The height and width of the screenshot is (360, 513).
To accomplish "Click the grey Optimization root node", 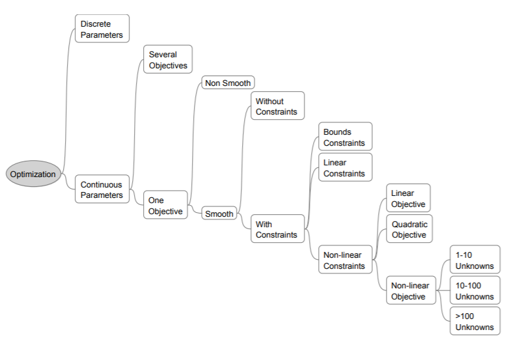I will point(33,174).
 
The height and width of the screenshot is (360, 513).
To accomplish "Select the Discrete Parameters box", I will point(102,29).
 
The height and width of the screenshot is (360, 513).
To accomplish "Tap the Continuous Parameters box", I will point(102,189).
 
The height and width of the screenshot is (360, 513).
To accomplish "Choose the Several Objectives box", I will point(168,60).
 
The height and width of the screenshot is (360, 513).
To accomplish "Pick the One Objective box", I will point(165,206).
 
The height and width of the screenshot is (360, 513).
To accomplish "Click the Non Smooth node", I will point(227,83).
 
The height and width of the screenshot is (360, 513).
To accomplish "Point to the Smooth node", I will point(219,214).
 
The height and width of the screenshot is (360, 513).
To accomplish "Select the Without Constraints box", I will point(277,106).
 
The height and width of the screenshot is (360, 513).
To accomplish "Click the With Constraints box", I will point(277,229).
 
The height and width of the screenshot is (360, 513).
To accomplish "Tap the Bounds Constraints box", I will point(345,137).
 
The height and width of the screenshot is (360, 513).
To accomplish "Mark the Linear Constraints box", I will point(345,168).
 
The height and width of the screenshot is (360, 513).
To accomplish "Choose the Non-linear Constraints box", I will point(345,260).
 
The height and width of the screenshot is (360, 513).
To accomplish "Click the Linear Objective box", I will point(408,199).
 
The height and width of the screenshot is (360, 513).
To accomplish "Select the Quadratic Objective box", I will point(409,229).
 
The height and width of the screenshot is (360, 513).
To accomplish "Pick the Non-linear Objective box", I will point(411,291).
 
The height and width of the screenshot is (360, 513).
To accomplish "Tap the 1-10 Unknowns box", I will point(475,260).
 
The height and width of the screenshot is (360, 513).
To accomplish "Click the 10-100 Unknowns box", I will point(475,291).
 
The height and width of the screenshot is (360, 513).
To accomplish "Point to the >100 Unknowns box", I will point(475,322).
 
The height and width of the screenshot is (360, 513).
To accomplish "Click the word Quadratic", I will point(409,225).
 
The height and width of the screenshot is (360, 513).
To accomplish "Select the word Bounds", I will point(337,132).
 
